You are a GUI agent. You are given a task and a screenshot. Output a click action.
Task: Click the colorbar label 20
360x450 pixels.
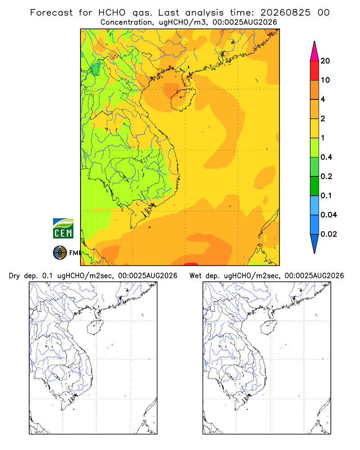(325, 61)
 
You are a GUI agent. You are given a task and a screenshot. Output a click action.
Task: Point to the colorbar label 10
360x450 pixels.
(325, 80)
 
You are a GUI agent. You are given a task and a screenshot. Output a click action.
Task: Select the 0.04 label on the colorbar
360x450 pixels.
(328, 215)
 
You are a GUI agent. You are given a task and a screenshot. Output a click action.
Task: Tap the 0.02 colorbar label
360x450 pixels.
(328, 234)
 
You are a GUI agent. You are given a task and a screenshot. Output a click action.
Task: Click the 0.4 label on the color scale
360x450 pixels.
(326, 157)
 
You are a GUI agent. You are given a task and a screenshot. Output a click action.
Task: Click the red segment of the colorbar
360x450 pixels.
(315, 71)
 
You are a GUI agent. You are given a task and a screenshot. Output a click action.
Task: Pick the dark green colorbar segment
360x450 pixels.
(315, 186)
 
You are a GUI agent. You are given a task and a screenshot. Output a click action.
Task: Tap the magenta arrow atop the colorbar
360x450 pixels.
(315, 52)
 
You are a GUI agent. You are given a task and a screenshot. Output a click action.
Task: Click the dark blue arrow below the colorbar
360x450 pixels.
(315, 243)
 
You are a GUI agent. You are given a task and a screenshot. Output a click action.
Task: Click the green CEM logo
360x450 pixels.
(63, 229)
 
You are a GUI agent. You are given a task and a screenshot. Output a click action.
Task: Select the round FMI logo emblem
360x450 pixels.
(60, 253)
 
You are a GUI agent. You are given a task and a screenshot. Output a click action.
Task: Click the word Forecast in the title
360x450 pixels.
(51, 13)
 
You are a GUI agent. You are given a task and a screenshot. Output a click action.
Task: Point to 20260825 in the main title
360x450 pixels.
(285, 13)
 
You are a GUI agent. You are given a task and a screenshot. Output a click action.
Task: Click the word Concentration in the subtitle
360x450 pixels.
(126, 22)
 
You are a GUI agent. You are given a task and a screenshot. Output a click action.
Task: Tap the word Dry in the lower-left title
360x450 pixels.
(14, 276)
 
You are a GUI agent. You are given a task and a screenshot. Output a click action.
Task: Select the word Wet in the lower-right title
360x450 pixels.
(195, 276)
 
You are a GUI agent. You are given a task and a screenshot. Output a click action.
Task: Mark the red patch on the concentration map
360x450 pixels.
(191, 264)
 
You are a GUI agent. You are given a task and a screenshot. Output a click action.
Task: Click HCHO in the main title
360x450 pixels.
(112, 13)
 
